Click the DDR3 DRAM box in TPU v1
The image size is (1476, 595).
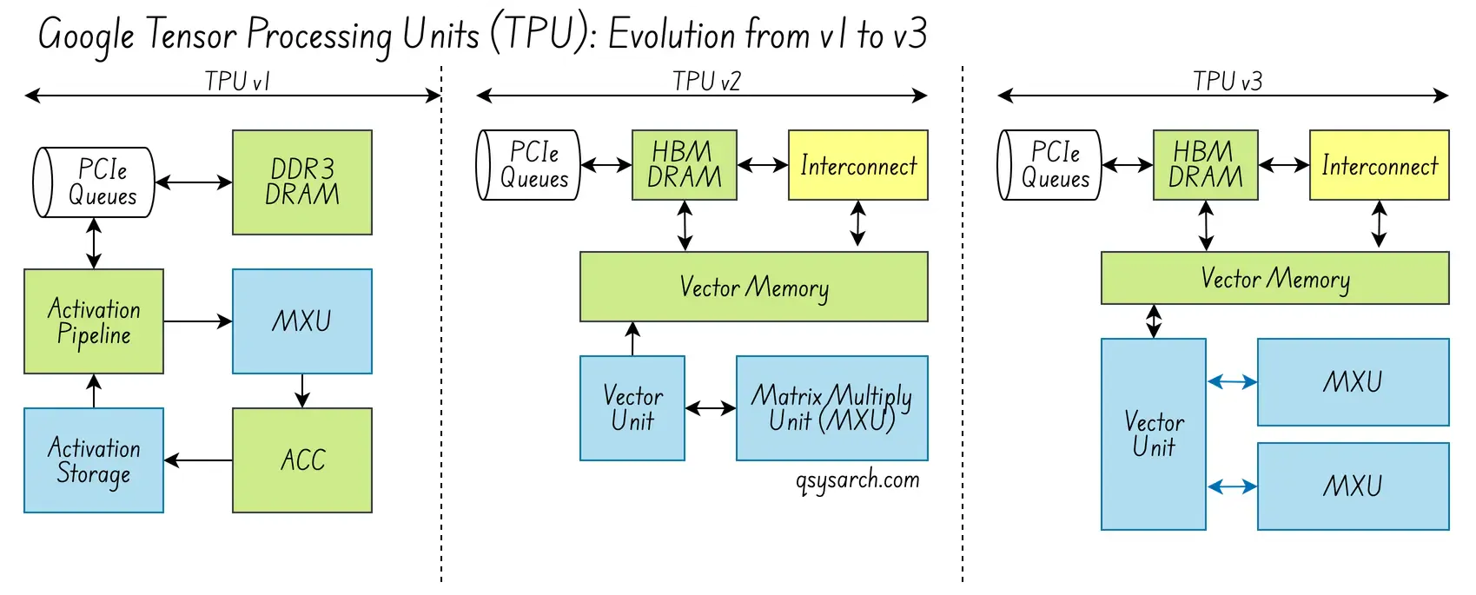(301, 182)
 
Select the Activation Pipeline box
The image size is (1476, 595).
(94, 321)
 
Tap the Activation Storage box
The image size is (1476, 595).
(94, 460)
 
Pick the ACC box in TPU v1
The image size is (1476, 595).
(301, 460)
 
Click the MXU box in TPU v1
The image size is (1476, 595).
(301, 321)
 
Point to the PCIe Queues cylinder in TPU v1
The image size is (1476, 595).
(94, 182)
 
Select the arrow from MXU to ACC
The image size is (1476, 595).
(301, 391)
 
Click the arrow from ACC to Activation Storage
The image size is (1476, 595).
(198, 460)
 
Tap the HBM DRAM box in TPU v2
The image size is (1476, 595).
(684, 165)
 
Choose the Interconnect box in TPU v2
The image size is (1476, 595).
(857, 165)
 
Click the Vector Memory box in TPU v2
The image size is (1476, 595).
(753, 287)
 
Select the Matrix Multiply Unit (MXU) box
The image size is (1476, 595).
(831, 408)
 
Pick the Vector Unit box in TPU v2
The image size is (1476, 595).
(632, 408)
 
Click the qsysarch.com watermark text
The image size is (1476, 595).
(857, 480)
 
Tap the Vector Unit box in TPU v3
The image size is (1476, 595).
(1153, 434)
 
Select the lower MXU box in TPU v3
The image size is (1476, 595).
(1353, 486)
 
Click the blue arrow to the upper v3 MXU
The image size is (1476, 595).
(1232, 381)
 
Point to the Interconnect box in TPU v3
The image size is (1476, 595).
(1379, 165)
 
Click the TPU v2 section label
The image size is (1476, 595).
(706, 82)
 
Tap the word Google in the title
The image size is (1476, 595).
(87, 36)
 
